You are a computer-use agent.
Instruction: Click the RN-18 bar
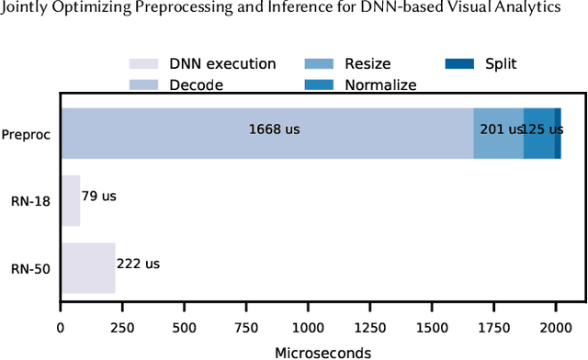[70, 201]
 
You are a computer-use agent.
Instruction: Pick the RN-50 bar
[87, 268]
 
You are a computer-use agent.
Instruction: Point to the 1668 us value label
[274, 129]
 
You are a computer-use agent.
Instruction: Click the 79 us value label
[98, 197]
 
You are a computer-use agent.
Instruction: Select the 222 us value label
[138, 264]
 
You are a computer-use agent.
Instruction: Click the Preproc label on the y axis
[30, 133]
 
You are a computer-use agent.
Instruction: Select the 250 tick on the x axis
[122, 329]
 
